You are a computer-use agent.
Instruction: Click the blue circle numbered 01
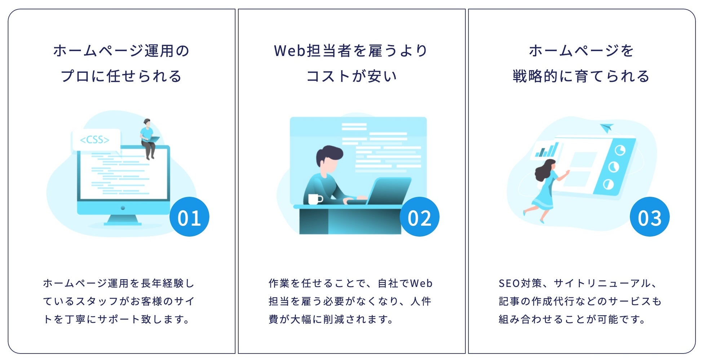189,217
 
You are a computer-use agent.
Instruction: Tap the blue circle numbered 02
419,217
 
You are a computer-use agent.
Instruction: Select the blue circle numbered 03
650,217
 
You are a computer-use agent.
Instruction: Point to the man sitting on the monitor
148,139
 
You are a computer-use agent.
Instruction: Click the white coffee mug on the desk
314,199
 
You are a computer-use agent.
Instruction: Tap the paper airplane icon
606,128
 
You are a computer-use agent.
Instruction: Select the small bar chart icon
547,150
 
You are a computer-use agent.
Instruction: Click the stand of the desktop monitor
123,220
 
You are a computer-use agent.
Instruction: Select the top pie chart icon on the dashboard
620,150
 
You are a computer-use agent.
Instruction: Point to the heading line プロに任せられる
121,76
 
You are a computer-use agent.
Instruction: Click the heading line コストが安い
351,76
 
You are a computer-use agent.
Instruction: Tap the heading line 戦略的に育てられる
581,76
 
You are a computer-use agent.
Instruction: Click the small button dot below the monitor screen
123,208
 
